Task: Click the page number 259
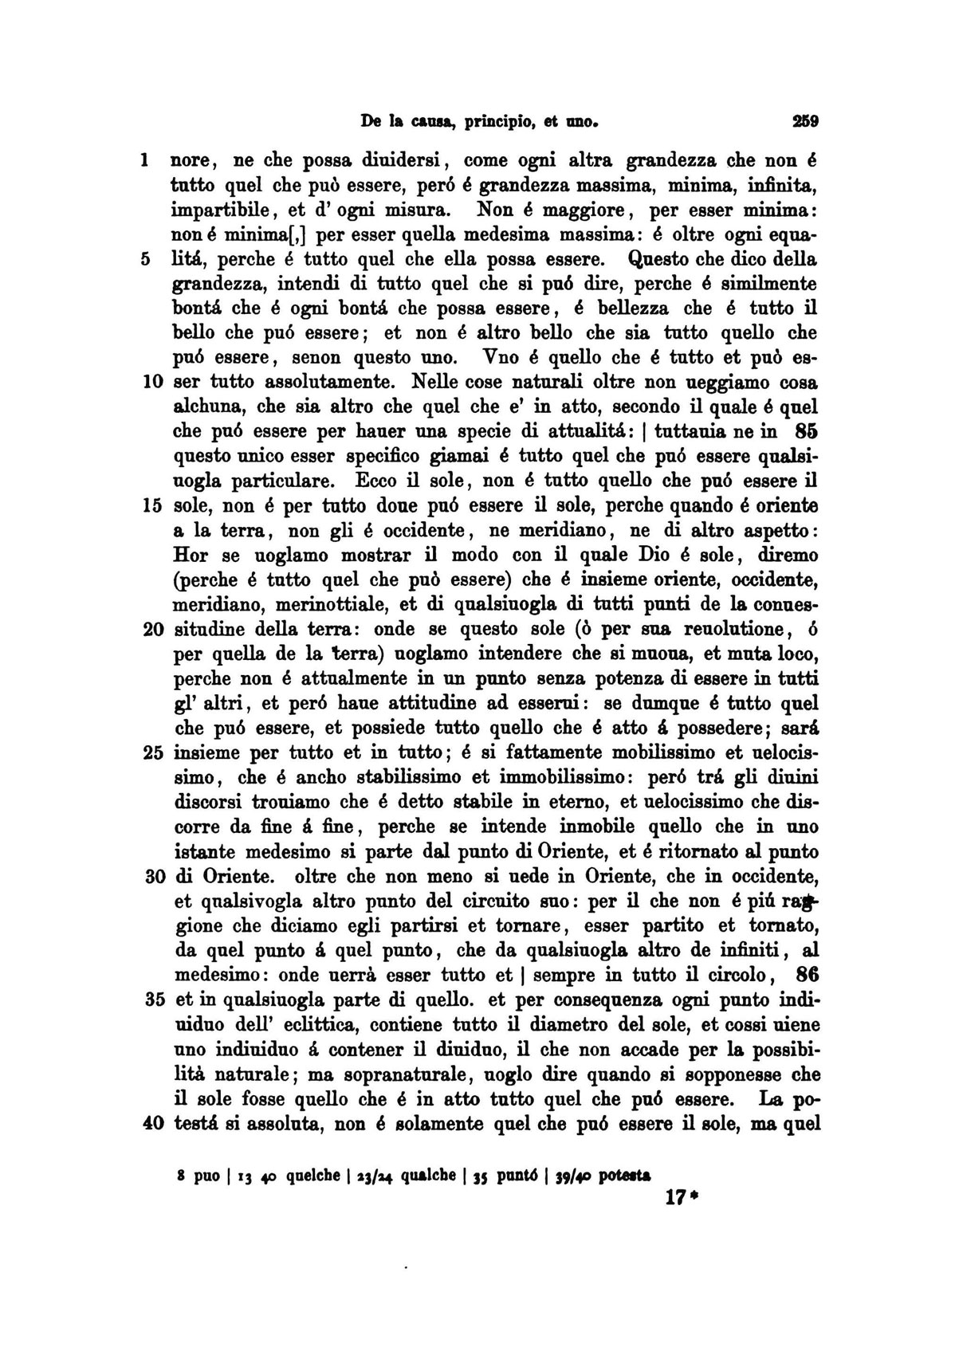[806, 123]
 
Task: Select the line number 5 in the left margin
[146, 260]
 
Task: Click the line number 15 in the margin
[151, 505]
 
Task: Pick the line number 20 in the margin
[151, 630]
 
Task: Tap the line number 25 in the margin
[151, 752]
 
